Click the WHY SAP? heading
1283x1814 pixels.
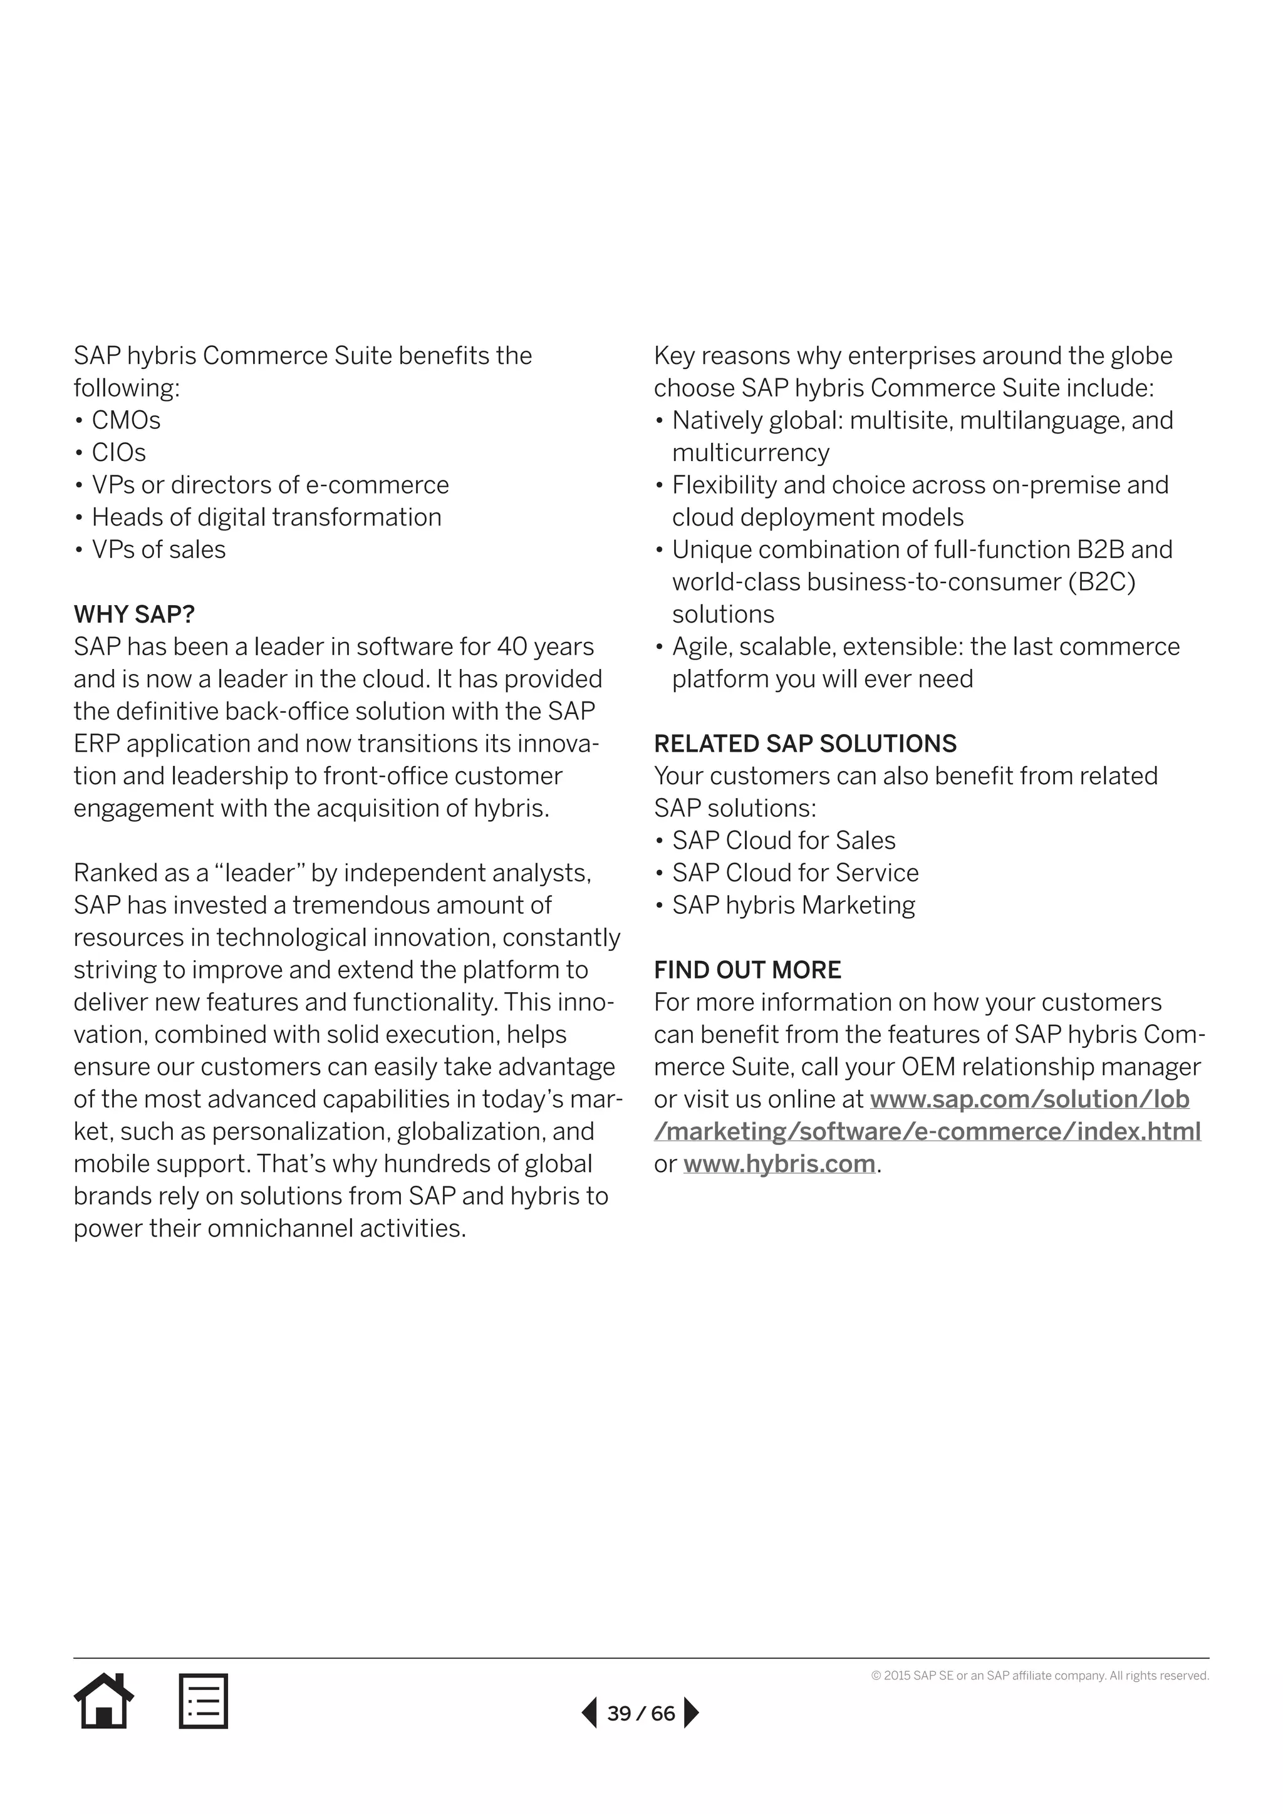pyautogui.click(x=134, y=614)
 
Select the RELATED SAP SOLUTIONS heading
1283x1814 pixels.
pyautogui.click(x=804, y=744)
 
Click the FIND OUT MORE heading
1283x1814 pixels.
pyautogui.click(x=747, y=970)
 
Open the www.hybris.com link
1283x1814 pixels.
pyautogui.click(x=779, y=1164)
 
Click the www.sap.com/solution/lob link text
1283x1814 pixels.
pyautogui.click(x=1029, y=1099)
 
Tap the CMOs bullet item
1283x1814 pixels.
pyautogui.click(x=126, y=420)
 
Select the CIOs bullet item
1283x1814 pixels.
pyautogui.click(x=118, y=453)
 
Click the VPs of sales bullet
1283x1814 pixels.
pyautogui.click(x=158, y=550)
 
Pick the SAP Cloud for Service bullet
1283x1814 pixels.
pyautogui.click(x=795, y=873)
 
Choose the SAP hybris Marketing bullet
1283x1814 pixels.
pyautogui.click(x=793, y=905)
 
